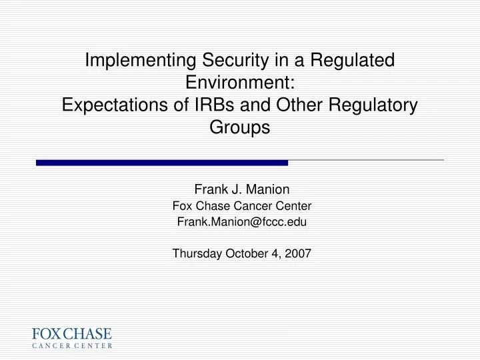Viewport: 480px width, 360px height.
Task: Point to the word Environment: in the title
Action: [240, 83]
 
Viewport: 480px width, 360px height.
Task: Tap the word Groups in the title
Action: [240, 127]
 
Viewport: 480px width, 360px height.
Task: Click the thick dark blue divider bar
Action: [162, 162]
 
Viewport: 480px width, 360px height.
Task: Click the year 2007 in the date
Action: [299, 253]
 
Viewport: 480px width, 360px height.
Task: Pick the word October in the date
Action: [247, 253]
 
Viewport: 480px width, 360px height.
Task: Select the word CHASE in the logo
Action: [87, 334]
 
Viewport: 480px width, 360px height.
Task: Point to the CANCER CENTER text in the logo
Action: [72, 346]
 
